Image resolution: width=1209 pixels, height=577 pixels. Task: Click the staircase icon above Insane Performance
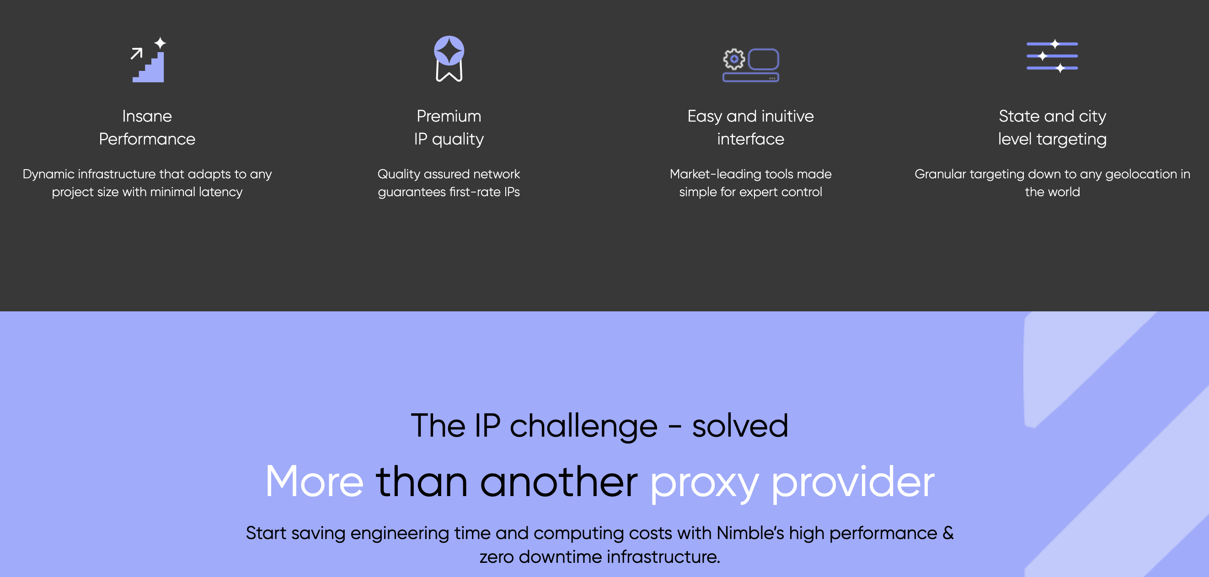click(x=149, y=59)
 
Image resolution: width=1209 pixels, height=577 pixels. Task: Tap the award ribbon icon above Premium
click(x=449, y=59)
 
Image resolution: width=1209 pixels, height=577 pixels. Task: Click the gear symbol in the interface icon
click(x=734, y=59)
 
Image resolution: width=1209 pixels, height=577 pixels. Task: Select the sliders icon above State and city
click(x=1052, y=56)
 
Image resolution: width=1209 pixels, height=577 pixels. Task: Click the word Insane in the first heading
click(x=147, y=116)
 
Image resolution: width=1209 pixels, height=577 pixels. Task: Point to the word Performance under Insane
click(x=147, y=139)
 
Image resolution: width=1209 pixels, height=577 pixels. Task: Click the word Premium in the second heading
click(x=449, y=116)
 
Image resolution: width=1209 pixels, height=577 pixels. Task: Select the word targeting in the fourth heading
click(x=1071, y=139)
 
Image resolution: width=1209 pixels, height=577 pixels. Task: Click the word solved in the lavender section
click(x=740, y=426)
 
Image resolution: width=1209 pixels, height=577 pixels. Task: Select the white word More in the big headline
click(x=315, y=482)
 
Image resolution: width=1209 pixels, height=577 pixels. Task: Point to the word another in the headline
click(x=559, y=482)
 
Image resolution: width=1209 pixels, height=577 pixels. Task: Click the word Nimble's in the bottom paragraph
click(x=750, y=534)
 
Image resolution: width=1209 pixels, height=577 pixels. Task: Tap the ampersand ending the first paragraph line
click(x=948, y=534)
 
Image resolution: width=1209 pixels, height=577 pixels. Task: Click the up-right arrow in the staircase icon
click(x=137, y=53)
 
